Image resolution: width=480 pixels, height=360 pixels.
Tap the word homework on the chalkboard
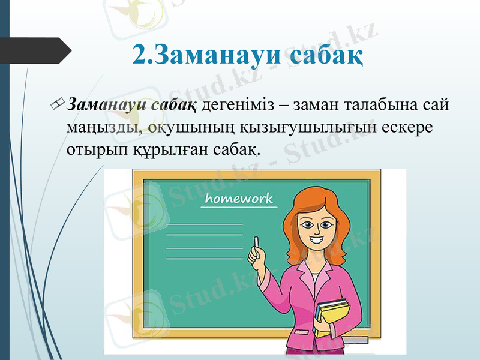pyautogui.click(x=239, y=199)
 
